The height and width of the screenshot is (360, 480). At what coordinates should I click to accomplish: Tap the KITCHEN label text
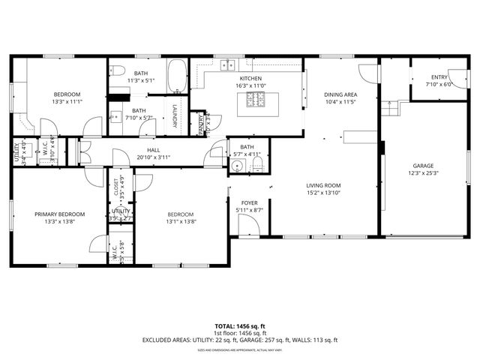(250, 79)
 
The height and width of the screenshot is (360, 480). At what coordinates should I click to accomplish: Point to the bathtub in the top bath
(177, 75)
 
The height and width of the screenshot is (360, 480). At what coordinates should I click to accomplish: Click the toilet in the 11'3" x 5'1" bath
(119, 70)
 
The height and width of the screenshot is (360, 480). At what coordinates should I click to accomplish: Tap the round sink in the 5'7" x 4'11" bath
(237, 166)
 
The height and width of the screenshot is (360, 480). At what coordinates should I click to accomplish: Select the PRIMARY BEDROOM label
(59, 214)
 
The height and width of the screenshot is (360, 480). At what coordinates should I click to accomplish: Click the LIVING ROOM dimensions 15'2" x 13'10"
(322, 193)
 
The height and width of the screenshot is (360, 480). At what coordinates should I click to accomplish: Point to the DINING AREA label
(340, 94)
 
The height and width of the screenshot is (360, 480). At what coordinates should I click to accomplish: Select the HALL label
(153, 150)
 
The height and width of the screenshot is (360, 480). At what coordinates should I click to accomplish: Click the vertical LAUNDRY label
(175, 115)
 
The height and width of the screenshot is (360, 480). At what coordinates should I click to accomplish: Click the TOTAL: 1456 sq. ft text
(240, 326)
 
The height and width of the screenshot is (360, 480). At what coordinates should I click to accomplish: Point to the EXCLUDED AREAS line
(240, 340)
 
